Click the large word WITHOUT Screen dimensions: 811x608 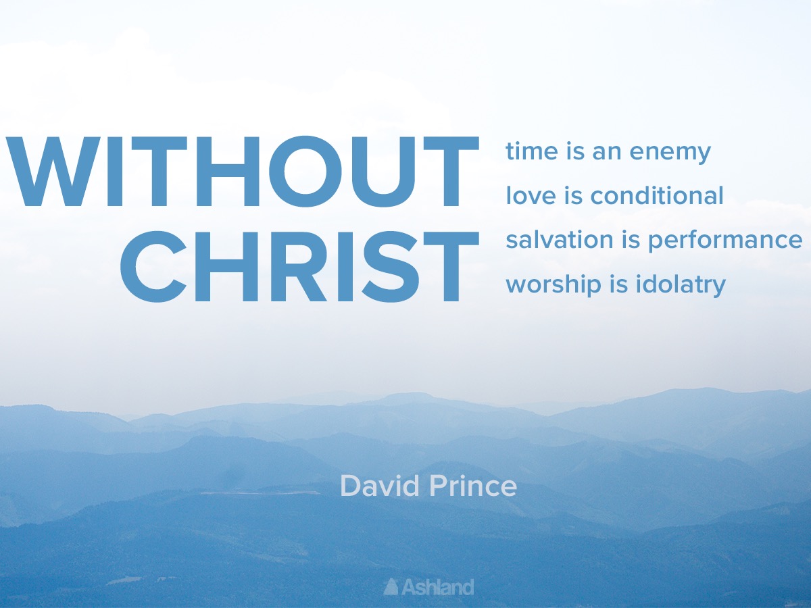click(x=242, y=172)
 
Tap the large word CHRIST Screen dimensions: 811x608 click(x=299, y=267)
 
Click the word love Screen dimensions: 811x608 click(x=531, y=195)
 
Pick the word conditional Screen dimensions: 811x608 click(x=657, y=195)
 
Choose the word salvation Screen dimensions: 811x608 click(x=560, y=239)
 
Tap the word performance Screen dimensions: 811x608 click(x=725, y=241)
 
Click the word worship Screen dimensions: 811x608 click(x=554, y=285)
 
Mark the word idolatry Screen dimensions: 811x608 click(x=681, y=285)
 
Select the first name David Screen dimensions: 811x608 click(x=380, y=486)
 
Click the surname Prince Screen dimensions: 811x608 click(x=473, y=486)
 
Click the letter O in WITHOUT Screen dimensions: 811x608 click(x=305, y=172)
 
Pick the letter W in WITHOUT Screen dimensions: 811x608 click(x=53, y=172)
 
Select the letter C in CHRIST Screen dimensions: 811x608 click(x=153, y=267)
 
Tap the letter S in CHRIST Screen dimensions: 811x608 click(x=391, y=267)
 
